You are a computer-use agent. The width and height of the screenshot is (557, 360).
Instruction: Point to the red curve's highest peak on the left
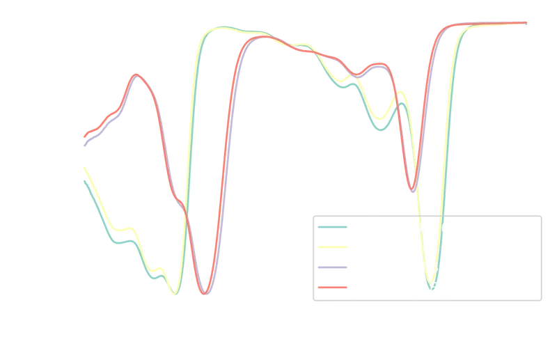pyautogui.click(x=136, y=72)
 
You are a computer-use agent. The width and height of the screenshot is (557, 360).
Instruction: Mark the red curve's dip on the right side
pyautogui.click(x=411, y=189)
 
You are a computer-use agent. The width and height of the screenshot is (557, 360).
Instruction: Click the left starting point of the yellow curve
pyautogui.click(x=82, y=166)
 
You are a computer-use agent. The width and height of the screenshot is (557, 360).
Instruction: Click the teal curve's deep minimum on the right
pyautogui.click(x=432, y=286)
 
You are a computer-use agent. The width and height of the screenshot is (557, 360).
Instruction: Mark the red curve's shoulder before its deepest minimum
pyautogui.click(x=180, y=203)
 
